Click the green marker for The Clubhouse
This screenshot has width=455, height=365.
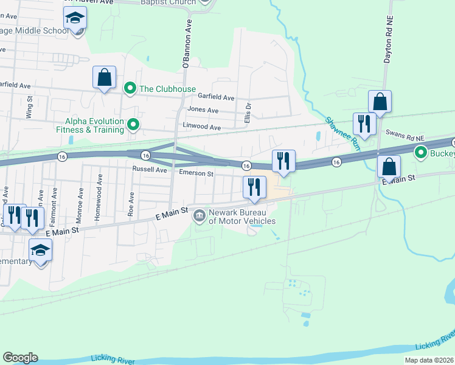click(130, 89)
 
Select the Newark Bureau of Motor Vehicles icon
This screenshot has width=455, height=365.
click(199, 216)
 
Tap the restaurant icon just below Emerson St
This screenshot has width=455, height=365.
click(254, 187)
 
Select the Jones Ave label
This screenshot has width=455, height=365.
click(204, 110)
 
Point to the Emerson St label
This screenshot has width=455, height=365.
click(196, 173)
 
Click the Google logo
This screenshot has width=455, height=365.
click(20, 358)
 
